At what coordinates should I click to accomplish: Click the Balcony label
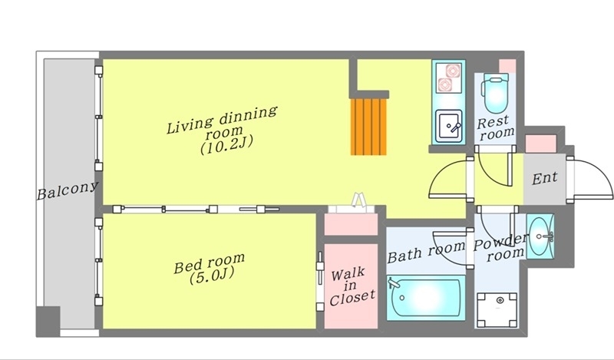coord(67,190)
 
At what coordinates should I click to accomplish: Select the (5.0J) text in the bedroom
coord(212,275)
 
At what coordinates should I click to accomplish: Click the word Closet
coord(352,298)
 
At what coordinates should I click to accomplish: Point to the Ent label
coord(544,178)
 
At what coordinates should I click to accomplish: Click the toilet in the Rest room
coord(496,93)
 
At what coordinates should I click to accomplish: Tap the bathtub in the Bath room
coord(426,297)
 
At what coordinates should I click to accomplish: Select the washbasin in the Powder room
coord(540,236)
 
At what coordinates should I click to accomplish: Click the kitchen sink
coord(450,126)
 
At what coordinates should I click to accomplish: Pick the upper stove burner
coord(453,71)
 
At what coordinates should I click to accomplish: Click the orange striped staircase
coord(369,126)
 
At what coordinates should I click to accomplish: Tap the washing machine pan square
coord(497,309)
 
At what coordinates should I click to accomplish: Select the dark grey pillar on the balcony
coord(48,321)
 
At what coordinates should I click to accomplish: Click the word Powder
coord(500,243)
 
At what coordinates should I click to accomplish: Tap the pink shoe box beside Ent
coord(540,144)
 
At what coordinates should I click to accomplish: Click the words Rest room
coord(495,128)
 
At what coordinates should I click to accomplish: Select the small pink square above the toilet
coord(507,64)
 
